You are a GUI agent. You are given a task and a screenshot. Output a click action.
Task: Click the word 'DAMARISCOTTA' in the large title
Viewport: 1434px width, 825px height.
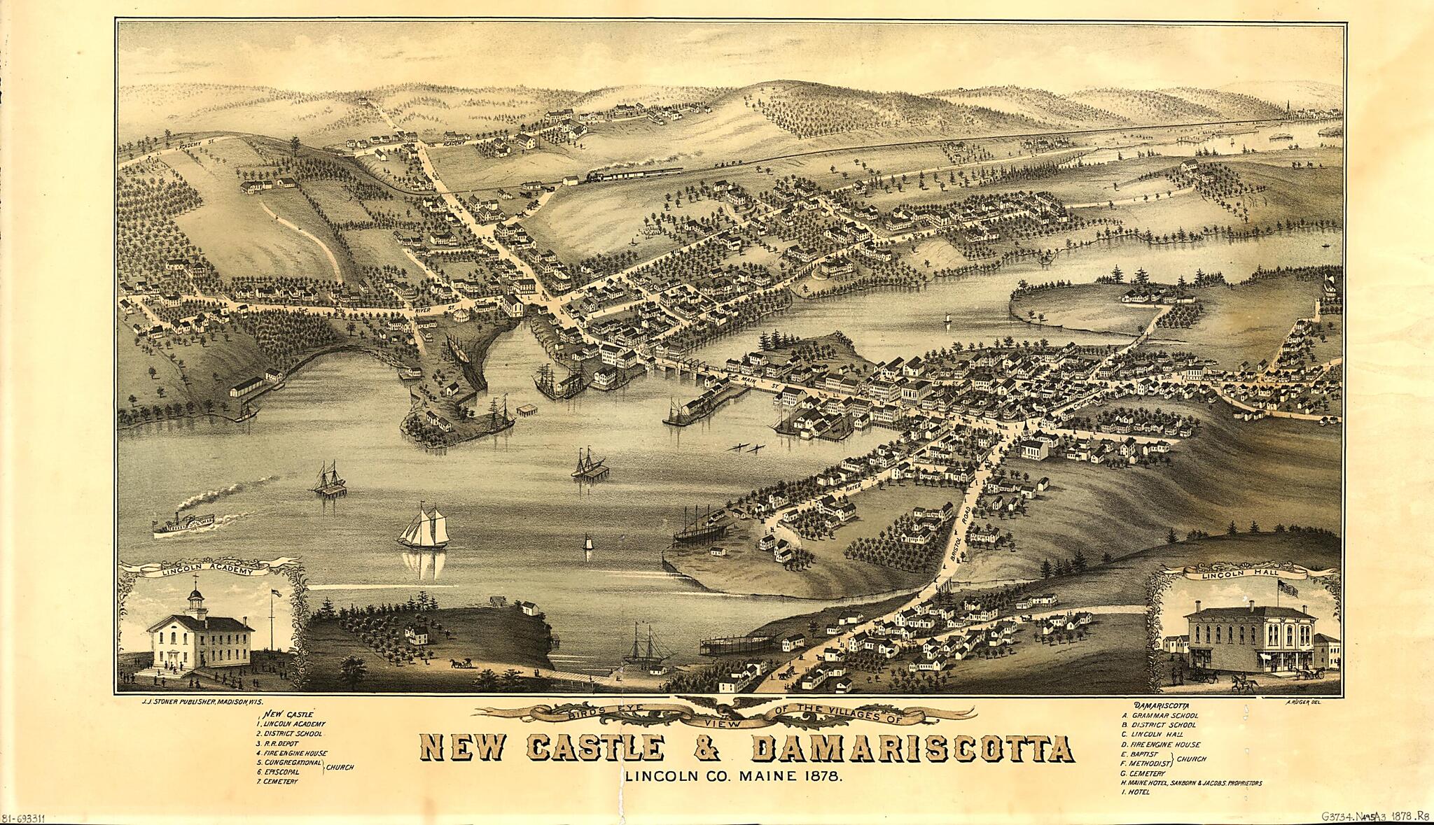click(x=912, y=750)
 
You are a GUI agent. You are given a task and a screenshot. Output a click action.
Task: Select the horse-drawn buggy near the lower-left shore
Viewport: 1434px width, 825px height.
click(x=461, y=663)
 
